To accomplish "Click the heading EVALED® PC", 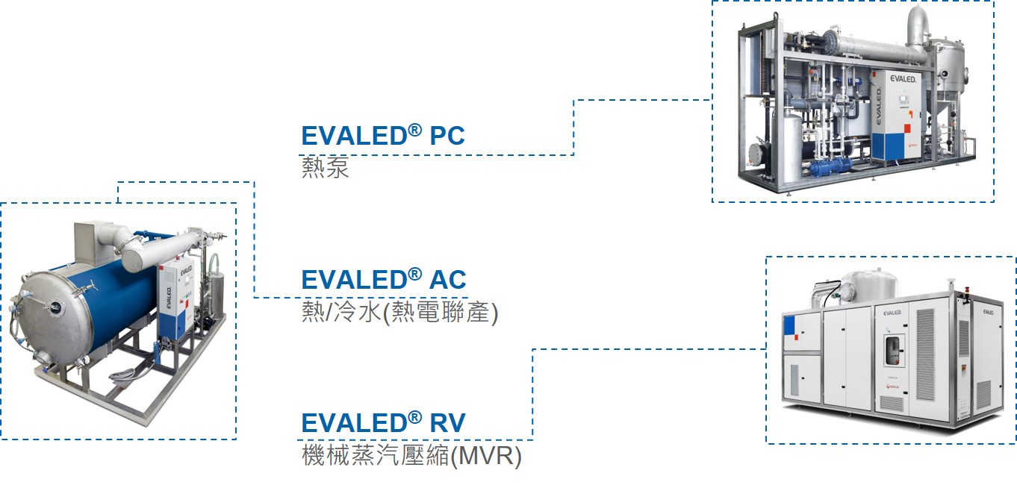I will pyautogui.click(x=382, y=136).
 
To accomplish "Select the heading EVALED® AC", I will pyautogui.click(x=383, y=280).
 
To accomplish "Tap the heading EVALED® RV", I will pyautogui.click(x=383, y=423).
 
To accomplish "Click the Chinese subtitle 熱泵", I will pyautogui.click(x=325, y=167).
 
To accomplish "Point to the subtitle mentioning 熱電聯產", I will pyautogui.click(x=399, y=312).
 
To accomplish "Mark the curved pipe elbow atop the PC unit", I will pyautogui.click(x=918, y=25).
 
